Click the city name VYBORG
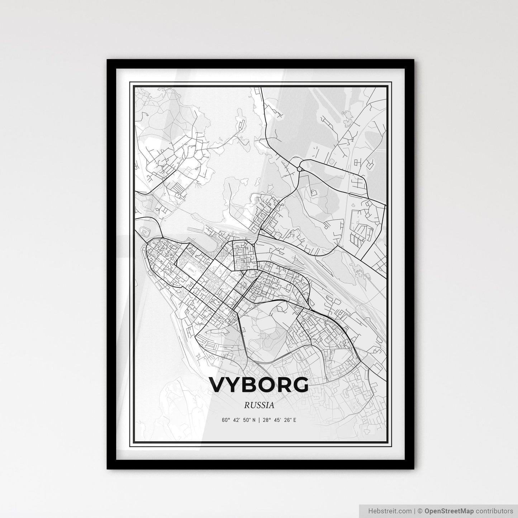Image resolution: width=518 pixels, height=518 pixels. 259,385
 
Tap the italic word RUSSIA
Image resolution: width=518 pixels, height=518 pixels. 259,405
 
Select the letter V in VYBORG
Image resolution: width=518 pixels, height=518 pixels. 219,385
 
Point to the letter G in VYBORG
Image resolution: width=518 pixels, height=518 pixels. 299,385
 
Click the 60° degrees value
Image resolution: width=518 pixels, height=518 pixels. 225,420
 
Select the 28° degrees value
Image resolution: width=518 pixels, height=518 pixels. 266,420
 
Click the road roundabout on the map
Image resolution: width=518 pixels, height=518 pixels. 300,167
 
